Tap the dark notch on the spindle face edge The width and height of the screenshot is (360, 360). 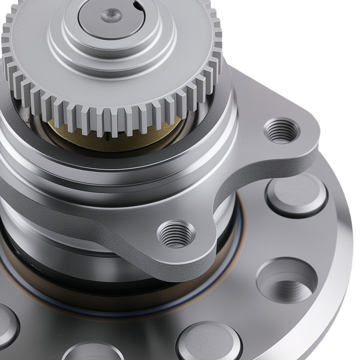click(x=136, y=5)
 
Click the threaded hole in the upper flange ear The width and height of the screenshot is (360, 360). click(x=282, y=131)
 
